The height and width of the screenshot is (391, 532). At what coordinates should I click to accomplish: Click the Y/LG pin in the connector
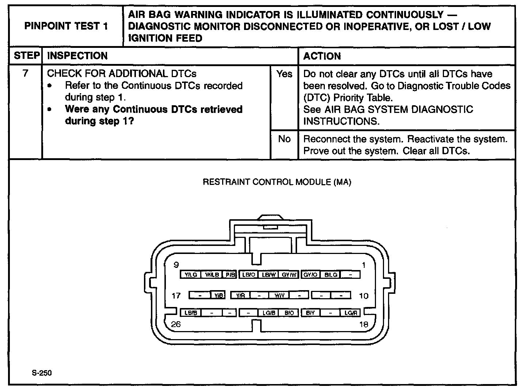click(x=190, y=274)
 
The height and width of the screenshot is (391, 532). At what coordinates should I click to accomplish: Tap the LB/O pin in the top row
click(x=248, y=274)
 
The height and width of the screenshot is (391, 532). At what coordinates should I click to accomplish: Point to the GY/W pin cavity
click(x=290, y=274)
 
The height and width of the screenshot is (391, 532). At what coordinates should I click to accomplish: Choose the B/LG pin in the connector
click(x=331, y=274)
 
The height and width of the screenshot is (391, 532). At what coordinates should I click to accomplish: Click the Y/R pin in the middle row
click(x=241, y=295)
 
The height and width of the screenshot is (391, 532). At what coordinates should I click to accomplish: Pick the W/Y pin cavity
click(x=279, y=295)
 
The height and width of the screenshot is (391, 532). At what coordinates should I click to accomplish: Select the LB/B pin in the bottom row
click(x=190, y=313)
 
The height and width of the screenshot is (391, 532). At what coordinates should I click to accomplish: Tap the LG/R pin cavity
click(x=350, y=313)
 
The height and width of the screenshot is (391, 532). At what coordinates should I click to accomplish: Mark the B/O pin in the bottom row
click(x=289, y=313)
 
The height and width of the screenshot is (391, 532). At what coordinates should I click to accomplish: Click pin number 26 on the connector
click(x=176, y=324)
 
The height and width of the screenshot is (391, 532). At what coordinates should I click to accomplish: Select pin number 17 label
click(x=176, y=295)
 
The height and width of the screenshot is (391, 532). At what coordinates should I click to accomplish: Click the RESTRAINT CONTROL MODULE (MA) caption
click(x=277, y=182)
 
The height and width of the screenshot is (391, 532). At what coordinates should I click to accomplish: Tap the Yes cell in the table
click(x=284, y=74)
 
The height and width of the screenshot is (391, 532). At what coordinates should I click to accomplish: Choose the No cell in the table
click(x=284, y=139)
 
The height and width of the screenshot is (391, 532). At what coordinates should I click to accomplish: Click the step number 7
click(x=25, y=73)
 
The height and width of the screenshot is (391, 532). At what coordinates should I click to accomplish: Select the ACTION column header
click(x=322, y=56)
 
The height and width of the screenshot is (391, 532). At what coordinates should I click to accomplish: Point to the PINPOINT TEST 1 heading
click(x=66, y=26)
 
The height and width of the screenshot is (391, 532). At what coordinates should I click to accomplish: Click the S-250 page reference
click(x=42, y=373)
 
